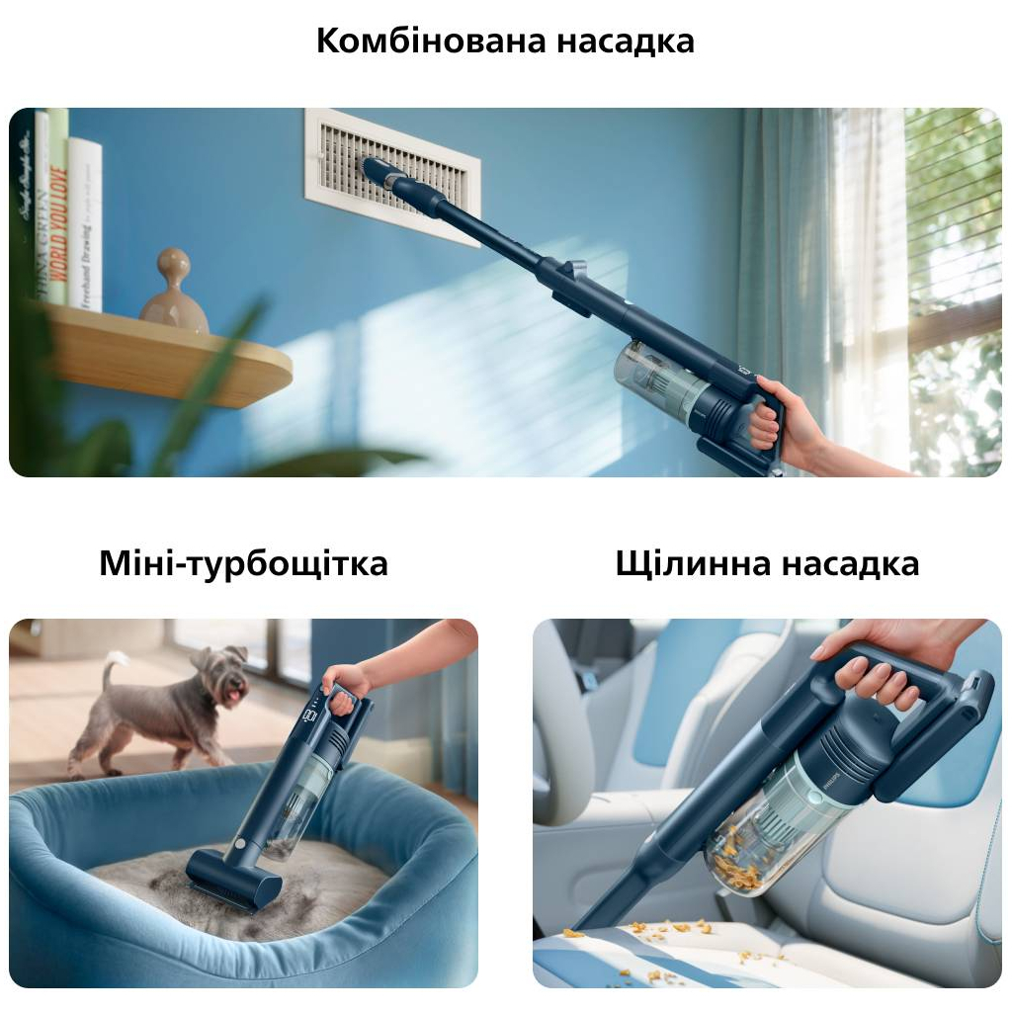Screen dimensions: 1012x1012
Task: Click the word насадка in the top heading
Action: coord(625,42)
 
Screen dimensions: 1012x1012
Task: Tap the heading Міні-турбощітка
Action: coord(243,563)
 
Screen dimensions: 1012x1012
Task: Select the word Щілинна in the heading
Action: coord(693,563)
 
